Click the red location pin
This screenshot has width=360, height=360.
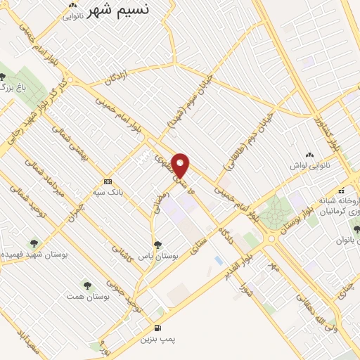tap(181, 166)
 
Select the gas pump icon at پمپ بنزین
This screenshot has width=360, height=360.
tap(157, 328)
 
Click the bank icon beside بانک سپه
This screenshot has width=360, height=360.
tap(107, 180)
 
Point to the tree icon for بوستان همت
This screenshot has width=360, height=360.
tap(87, 285)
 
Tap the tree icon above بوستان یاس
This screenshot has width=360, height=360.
tap(157, 244)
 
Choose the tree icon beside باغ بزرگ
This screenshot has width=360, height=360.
tap(3, 77)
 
